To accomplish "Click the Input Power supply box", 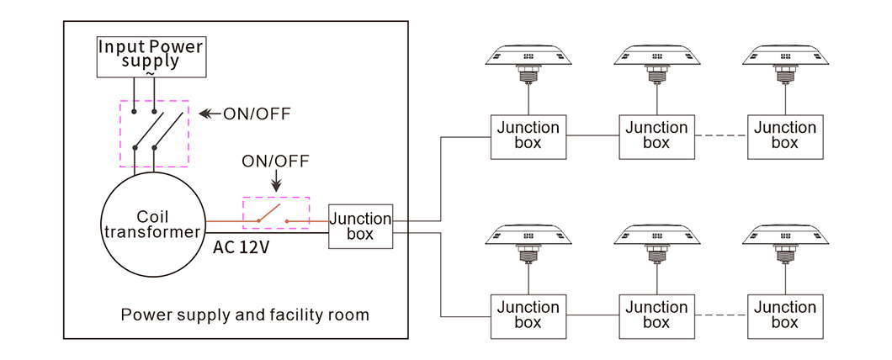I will [151, 56].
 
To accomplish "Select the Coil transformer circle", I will [152, 225].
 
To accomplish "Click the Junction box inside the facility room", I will [360, 225].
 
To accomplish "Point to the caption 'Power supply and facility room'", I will [245, 315].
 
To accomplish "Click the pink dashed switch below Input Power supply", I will [154, 134].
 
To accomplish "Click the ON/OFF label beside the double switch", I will [257, 114].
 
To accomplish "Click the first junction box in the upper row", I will [528, 135].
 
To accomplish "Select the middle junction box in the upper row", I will [656, 135].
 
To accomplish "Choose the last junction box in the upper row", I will [784, 135].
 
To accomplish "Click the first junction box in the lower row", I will [528, 315].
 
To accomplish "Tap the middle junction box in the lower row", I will [656, 315].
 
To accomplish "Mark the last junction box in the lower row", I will [784, 315].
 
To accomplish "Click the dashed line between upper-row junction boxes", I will [720, 135].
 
